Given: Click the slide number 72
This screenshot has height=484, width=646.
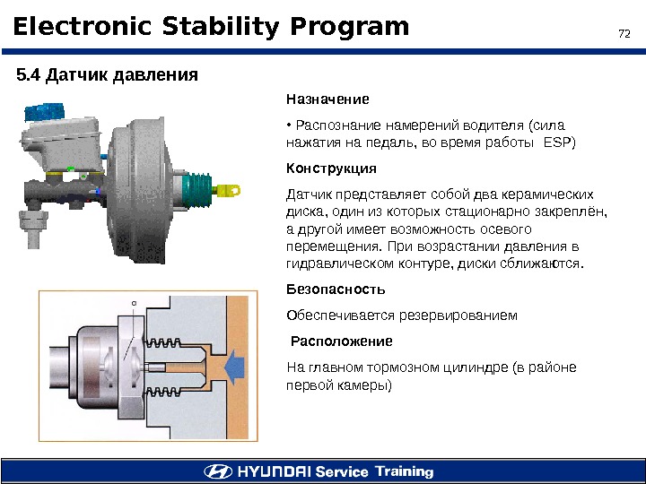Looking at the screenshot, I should pos(625,35).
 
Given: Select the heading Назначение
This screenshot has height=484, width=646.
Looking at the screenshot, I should pos(327,99).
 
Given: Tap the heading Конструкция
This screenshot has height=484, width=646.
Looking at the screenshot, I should pos(330,169).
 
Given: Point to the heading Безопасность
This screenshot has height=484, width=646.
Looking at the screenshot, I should pos(335,290).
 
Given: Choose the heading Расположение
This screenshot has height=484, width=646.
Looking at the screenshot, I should pos(342,341).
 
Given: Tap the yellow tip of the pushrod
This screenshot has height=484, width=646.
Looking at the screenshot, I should pos(234,189).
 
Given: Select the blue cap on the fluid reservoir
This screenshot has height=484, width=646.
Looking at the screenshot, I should pos(39,114).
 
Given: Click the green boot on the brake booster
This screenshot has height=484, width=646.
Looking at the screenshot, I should pos(198,189).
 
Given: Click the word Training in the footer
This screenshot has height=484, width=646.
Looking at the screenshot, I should pos(404,471).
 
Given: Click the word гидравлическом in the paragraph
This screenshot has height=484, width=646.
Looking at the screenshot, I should pos(338,264).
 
